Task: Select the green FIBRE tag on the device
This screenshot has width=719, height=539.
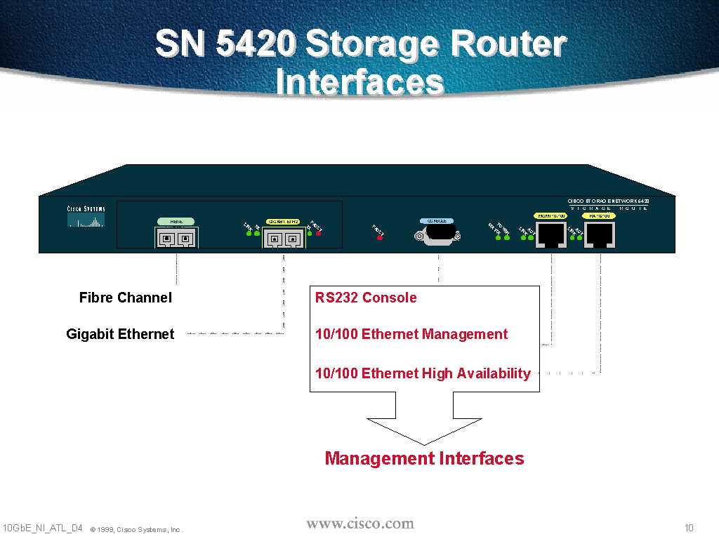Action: [176, 221]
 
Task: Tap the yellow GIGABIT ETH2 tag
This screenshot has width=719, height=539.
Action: [284, 221]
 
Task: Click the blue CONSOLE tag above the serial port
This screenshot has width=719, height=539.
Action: [437, 220]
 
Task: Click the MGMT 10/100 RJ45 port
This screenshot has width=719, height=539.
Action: [552, 237]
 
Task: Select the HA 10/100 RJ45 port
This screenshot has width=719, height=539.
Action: [600, 237]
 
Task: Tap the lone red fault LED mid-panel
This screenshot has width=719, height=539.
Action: [380, 237]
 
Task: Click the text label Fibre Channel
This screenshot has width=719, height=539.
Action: [125, 298]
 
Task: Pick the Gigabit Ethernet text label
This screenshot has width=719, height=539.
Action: [120, 334]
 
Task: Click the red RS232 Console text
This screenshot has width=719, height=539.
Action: [366, 298]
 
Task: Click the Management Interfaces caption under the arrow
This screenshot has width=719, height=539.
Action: [424, 458]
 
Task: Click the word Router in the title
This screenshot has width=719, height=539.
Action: [508, 44]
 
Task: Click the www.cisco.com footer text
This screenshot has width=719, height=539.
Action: [360, 524]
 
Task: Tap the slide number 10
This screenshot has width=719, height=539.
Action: [689, 528]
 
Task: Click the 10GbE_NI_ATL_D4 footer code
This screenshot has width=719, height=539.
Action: [43, 528]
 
